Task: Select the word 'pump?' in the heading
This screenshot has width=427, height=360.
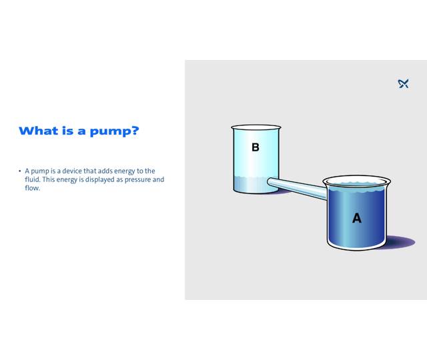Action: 117,131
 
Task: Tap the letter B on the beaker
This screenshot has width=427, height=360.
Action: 255,147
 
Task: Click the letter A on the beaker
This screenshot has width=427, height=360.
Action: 356,218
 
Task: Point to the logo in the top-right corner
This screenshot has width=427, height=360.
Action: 403,83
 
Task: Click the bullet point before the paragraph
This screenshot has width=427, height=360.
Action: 20,171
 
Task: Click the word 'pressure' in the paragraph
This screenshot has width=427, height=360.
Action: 133,179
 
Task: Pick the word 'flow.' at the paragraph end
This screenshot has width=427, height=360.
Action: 33,188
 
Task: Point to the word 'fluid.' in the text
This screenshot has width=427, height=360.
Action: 33,179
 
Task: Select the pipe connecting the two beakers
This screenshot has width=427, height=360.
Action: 298,186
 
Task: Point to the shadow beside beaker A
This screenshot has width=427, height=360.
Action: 400,241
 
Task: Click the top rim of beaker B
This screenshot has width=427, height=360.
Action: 256,127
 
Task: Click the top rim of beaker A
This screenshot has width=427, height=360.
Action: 356,179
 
